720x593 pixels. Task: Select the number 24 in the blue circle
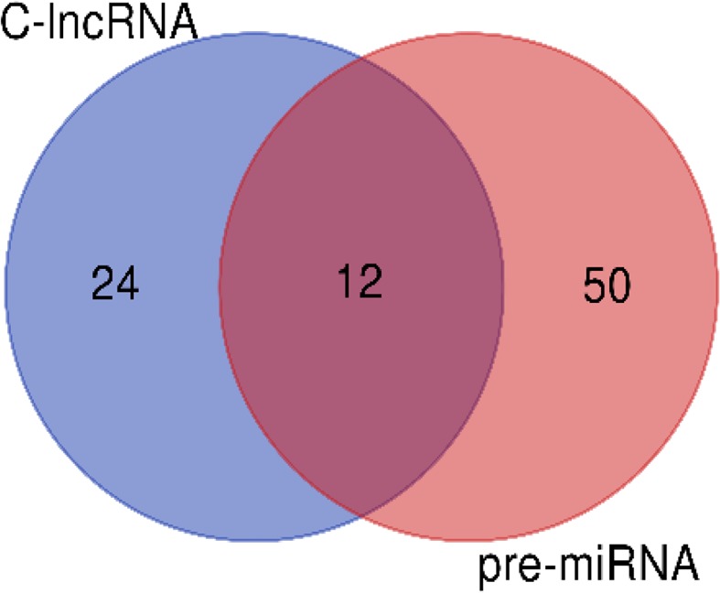(115, 285)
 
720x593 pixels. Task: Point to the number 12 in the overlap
(358, 285)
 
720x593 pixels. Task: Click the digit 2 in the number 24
(102, 285)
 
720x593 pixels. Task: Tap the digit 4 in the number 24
(128, 285)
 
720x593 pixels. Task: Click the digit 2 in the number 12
(371, 285)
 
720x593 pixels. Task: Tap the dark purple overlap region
(360, 384)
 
